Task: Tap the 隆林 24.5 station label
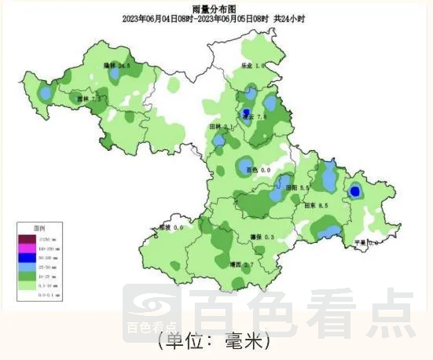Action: click(x=117, y=66)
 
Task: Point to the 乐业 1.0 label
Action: click(x=251, y=66)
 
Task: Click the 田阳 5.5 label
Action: click(x=298, y=188)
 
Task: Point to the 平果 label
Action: click(x=365, y=243)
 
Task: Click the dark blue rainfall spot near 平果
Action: click(x=355, y=190)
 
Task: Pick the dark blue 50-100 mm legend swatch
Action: click(x=27, y=257)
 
